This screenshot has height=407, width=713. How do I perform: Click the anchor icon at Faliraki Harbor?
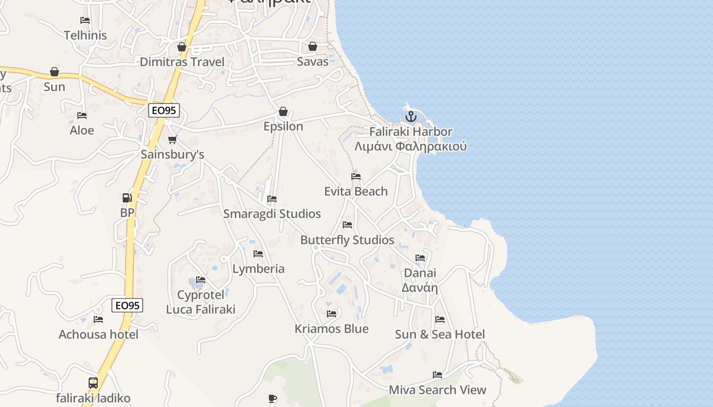click(x=410, y=117)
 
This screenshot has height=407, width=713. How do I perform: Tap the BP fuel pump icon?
click(x=127, y=197)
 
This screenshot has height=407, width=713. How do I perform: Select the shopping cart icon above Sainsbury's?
click(x=173, y=139)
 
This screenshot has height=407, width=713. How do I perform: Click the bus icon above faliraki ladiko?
click(x=93, y=383)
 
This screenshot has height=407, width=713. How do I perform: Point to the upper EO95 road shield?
click(x=164, y=110)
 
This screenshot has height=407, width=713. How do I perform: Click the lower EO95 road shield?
click(x=127, y=305)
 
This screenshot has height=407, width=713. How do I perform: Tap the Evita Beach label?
click(x=356, y=191)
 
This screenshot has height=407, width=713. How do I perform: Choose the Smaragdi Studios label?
click(x=272, y=214)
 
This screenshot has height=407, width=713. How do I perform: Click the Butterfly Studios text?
click(x=347, y=240)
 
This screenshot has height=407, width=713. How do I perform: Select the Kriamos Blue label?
click(x=332, y=329)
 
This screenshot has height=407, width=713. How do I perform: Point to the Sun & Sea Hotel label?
click(x=440, y=334)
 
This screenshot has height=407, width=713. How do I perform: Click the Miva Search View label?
click(x=437, y=390)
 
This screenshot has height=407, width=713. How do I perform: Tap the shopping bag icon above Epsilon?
click(x=283, y=111)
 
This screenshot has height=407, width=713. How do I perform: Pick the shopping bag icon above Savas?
click(x=313, y=47)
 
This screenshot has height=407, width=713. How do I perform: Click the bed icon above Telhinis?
click(x=85, y=20)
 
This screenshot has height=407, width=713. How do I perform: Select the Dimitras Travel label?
click(x=182, y=62)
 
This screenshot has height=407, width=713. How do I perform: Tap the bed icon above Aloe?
click(x=82, y=115)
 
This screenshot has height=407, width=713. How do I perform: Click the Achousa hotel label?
click(x=98, y=334)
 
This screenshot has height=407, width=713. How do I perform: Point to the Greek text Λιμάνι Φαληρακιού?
click(x=410, y=147)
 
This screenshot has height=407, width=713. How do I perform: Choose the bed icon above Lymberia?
click(x=258, y=254)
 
